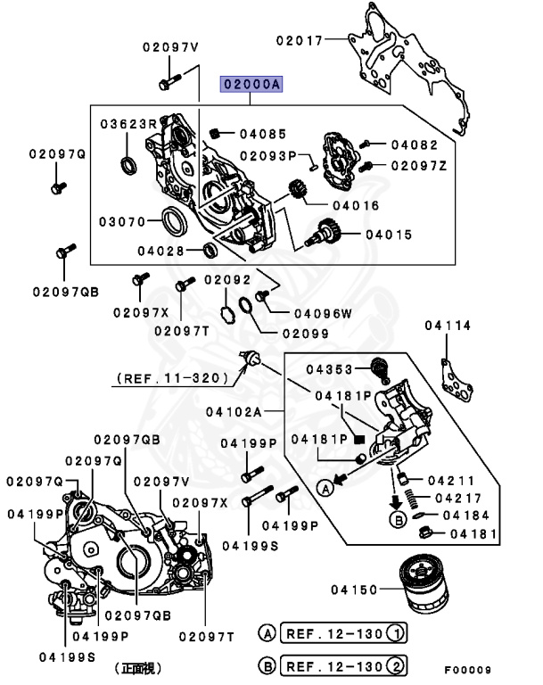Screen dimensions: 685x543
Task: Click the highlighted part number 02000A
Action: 251,86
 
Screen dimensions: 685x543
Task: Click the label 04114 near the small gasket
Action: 447,326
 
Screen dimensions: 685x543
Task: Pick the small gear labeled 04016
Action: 300,190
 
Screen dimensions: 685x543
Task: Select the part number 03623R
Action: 128,122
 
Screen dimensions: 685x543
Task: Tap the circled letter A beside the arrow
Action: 325,487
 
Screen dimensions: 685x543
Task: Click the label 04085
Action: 263,135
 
